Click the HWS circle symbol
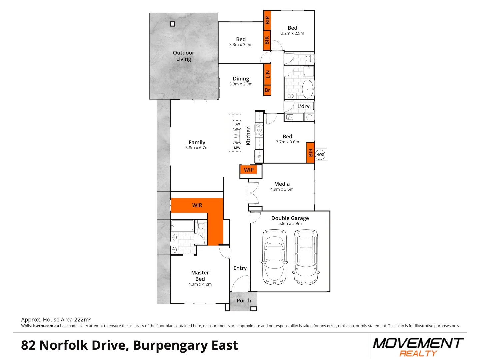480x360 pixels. [x=320, y=154]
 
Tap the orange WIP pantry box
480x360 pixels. [x=249, y=170]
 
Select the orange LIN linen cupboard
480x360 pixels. [x=267, y=74]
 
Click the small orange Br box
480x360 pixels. [x=267, y=90]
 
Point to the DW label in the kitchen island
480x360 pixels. [x=237, y=124]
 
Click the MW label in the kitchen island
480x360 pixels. [x=237, y=148]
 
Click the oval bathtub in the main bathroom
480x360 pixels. [x=308, y=89]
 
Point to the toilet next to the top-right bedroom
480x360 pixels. [x=309, y=59]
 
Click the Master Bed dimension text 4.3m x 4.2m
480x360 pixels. [x=200, y=284]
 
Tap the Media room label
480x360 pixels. [x=282, y=184]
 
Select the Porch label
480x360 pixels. [x=244, y=301]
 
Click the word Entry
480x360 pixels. [x=240, y=268]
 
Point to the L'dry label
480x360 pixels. [x=303, y=106]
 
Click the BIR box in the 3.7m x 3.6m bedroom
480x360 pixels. [x=311, y=153]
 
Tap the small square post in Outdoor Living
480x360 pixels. [x=173, y=24]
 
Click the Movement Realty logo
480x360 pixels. [x=418, y=347]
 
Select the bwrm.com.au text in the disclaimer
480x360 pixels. [x=46, y=326]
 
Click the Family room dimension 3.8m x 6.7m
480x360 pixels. [x=197, y=148]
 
